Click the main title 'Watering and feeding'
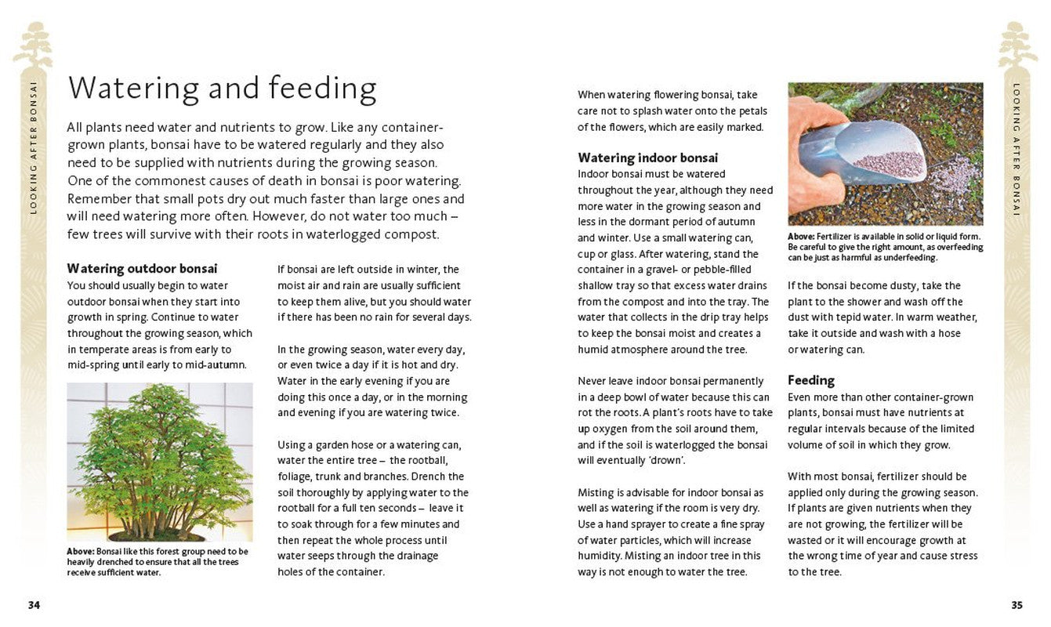pyautogui.click(x=222, y=89)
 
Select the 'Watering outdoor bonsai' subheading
pyautogui.click(x=142, y=268)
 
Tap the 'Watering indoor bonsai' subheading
pyautogui.click(x=647, y=158)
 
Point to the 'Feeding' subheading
pyautogui.click(x=810, y=380)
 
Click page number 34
pyautogui.click(x=34, y=605)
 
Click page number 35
pyautogui.click(x=1017, y=605)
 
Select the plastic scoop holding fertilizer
pyautogui.click(x=870, y=153)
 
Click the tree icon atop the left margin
pyautogui.click(x=33, y=45)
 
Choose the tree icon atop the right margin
pyautogui.click(x=1017, y=45)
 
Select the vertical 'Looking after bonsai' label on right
pyautogui.click(x=1017, y=149)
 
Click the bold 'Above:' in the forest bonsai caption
pyautogui.click(x=80, y=552)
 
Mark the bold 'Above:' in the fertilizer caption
pyautogui.click(x=801, y=237)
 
